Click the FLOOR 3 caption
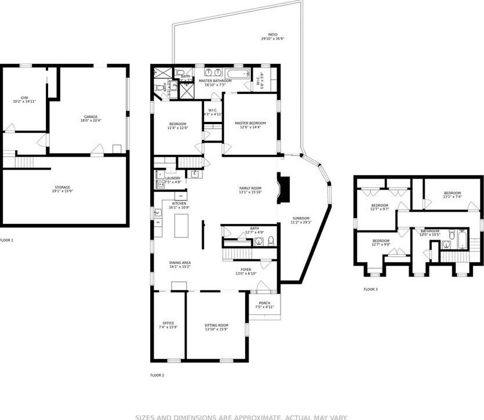[370, 289]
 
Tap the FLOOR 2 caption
[157, 375]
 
